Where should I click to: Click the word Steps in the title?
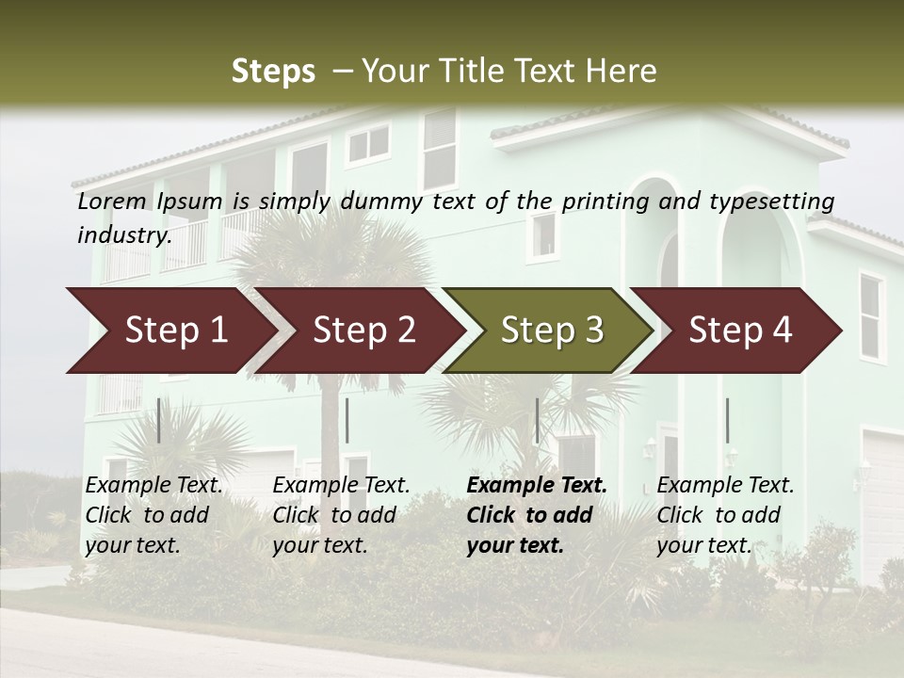pyautogui.click(x=273, y=72)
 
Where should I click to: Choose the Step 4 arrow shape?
pyautogui.click(x=740, y=330)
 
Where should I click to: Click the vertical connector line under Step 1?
pyautogui.click(x=159, y=420)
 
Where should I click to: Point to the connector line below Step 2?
pyautogui.click(x=347, y=420)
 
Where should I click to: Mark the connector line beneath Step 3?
pyautogui.click(x=537, y=420)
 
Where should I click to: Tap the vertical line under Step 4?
pyautogui.click(x=727, y=420)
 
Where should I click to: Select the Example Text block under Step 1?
pyautogui.click(x=153, y=515)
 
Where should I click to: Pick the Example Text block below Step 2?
pyautogui.click(x=341, y=515)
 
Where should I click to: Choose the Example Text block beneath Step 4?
pyautogui.click(x=725, y=515)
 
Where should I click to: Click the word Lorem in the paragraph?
pyautogui.click(x=112, y=202)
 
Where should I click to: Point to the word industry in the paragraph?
pyautogui.click(x=123, y=235)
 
